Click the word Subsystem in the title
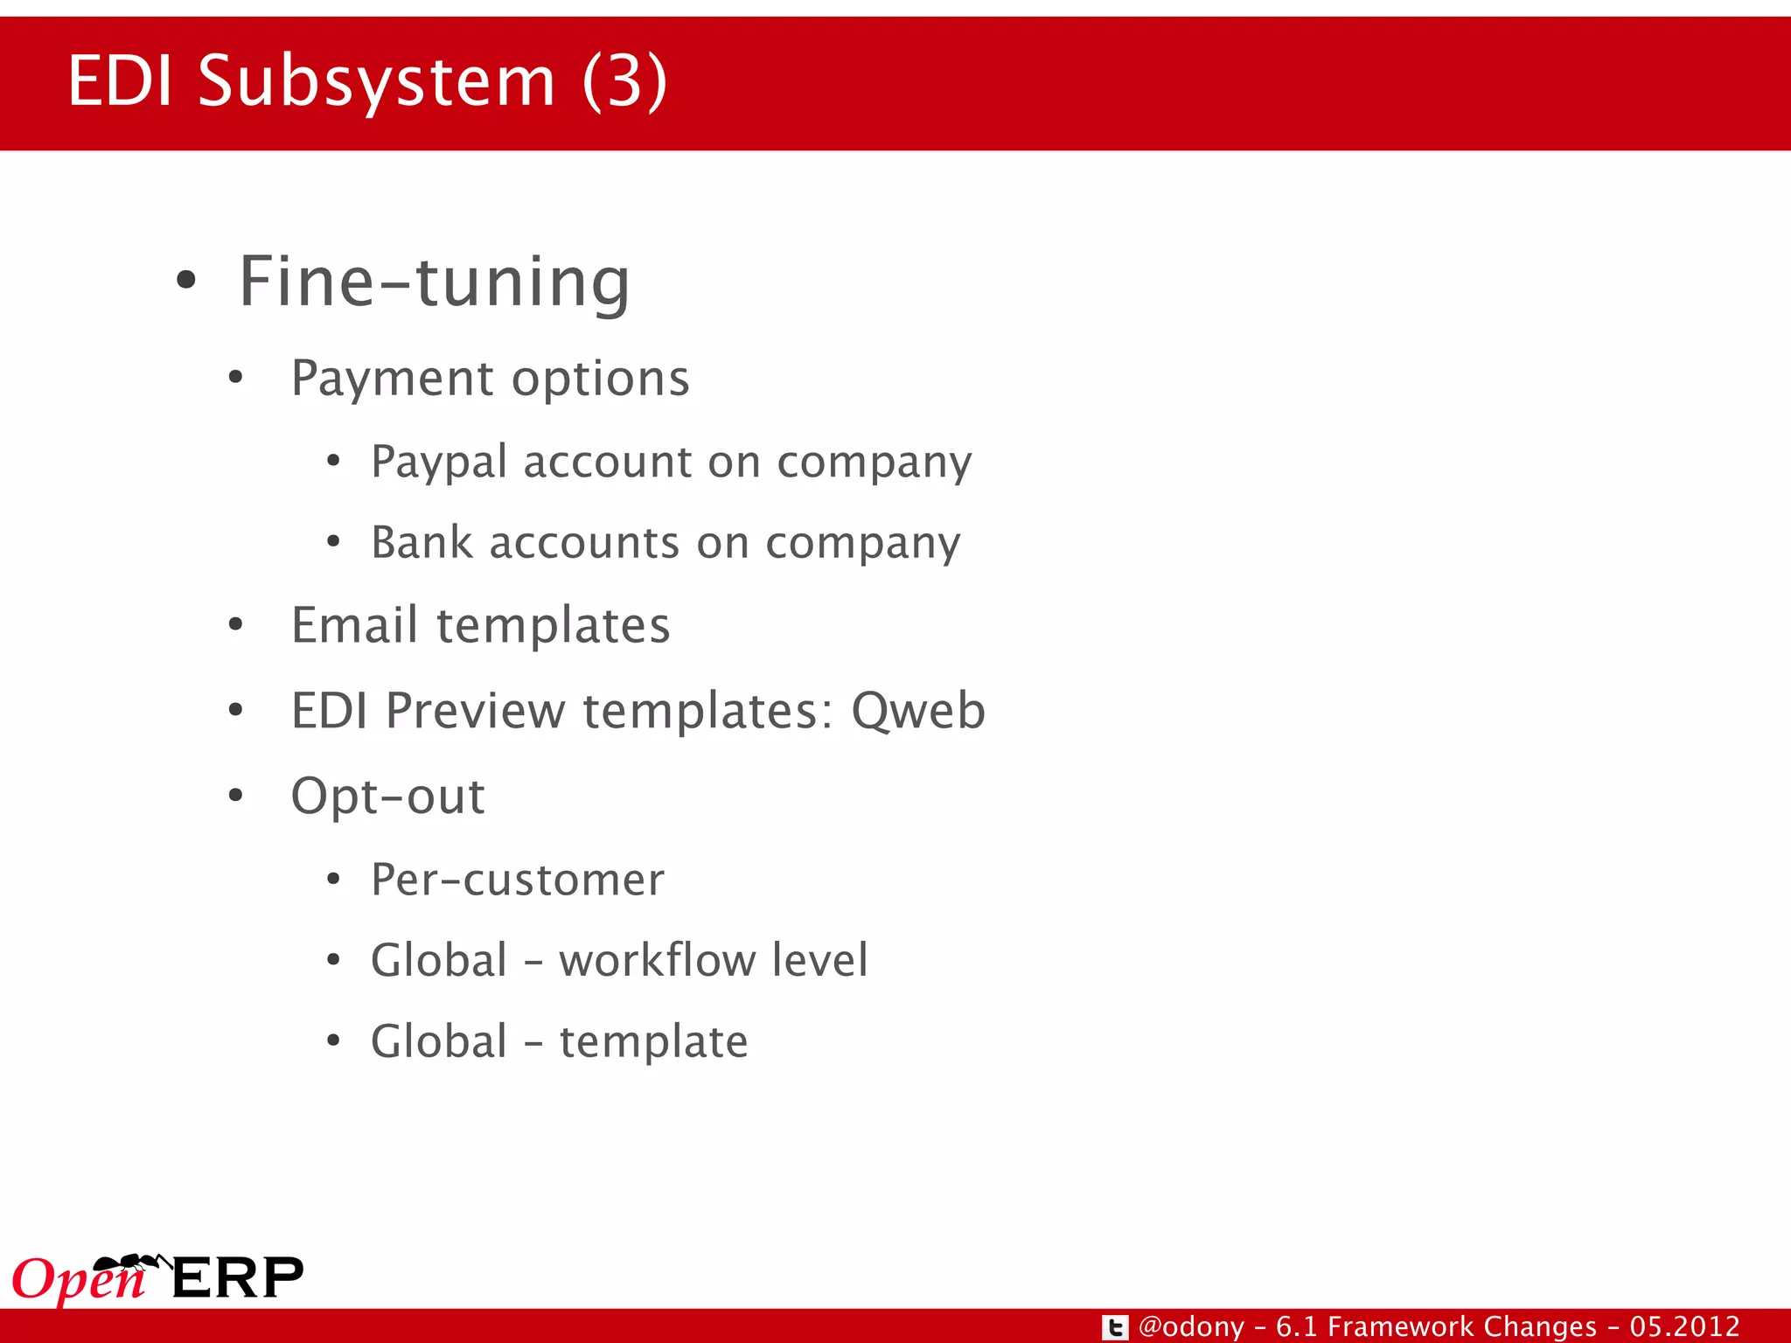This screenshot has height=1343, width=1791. click(376, 81)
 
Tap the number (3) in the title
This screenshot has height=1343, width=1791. click(624, 81)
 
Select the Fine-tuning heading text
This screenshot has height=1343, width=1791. click(434, 282)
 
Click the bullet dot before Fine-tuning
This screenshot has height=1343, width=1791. click(185, 282)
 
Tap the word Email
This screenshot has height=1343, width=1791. click(354, 625)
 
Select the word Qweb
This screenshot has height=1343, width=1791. click(918, 710)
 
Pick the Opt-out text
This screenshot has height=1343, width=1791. click(387, 797)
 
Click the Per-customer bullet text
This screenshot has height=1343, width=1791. click(517, 880)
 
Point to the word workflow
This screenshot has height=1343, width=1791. click(656, 960)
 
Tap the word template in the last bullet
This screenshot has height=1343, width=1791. click(653, 1041)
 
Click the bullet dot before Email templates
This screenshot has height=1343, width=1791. click(235, 625)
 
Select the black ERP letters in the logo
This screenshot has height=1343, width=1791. click(238, 1278)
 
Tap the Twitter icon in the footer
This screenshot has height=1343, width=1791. click(1114, 1327)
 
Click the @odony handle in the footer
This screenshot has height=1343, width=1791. click(1191, 1327)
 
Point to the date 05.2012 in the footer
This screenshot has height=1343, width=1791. click(1684, 1327)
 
